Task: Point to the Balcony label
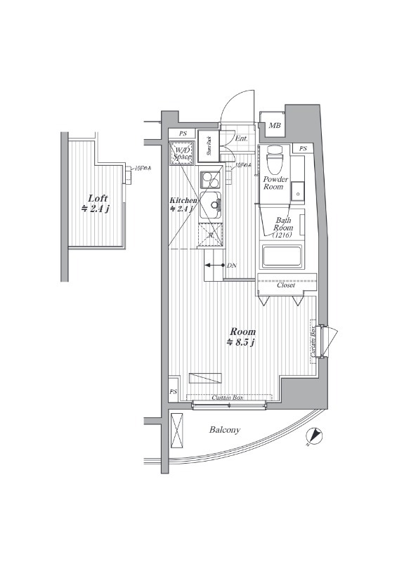tap(224, 429)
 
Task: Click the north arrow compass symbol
tap(314, 438)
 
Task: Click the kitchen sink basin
tap(211, 206)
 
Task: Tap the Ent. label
tap(241, 138)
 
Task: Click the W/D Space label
tap(182, 155)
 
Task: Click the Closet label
tap(285, 285)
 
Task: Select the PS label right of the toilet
tap(303, 149)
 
